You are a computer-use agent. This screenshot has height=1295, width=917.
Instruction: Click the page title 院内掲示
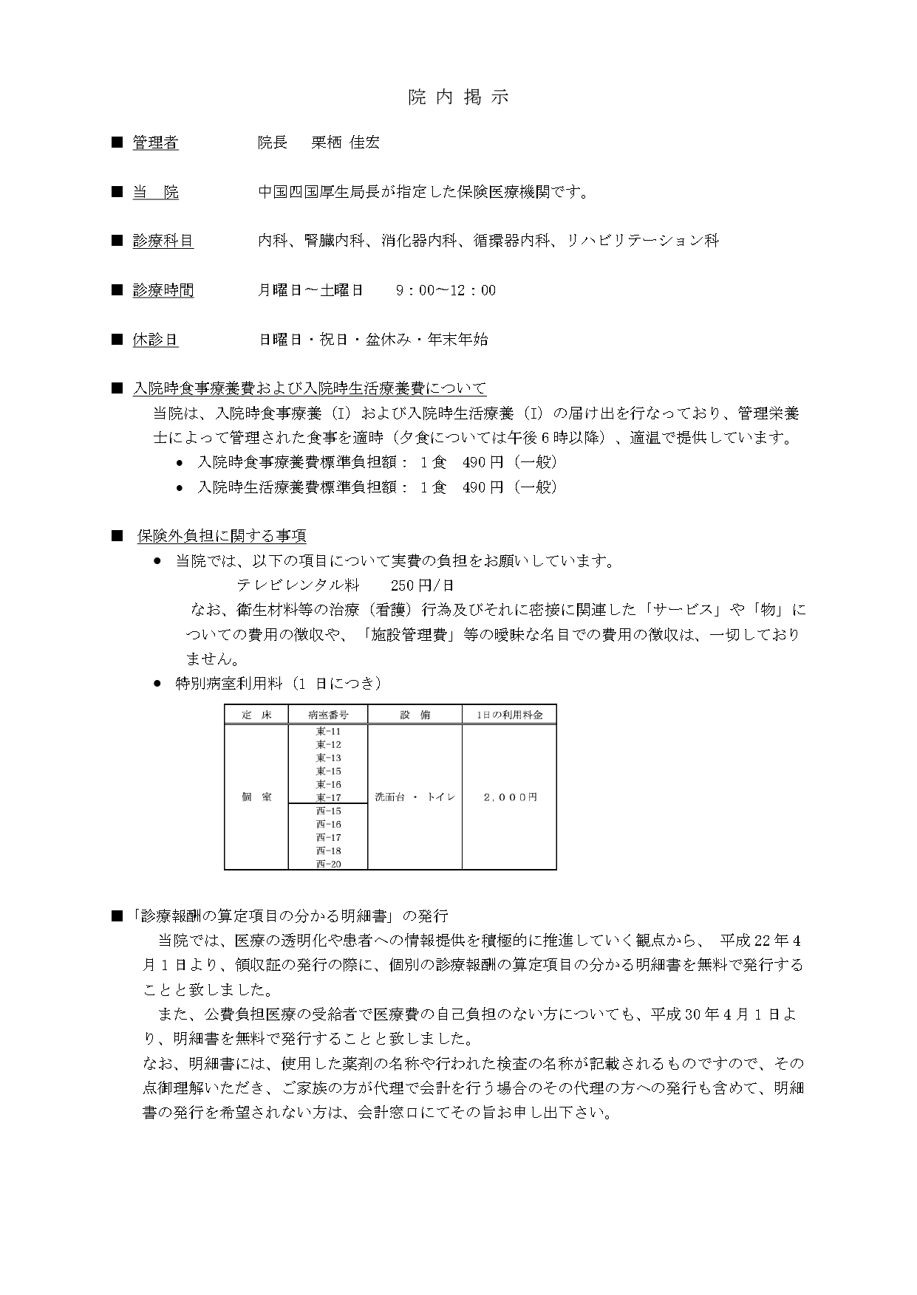pos(458,97)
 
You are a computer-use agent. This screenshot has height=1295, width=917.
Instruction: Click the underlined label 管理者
pos(155,143)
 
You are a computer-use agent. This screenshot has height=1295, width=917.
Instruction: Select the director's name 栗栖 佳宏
pos(345,143)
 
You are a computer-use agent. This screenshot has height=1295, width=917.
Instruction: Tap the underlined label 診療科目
pos(163,241)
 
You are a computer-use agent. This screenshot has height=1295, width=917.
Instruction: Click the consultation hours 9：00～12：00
pos(446,290)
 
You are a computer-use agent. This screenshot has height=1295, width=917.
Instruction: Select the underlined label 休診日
pos(155,340)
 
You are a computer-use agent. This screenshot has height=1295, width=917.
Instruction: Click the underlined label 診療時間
pos(163,290)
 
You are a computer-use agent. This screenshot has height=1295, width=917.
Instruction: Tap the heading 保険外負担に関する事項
pos(222,536)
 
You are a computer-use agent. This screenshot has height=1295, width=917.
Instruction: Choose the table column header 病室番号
pos(327,715)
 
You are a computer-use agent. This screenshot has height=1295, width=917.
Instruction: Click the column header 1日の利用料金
pos(508,715)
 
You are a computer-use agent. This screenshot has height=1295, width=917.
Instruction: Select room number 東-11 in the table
pos(327,732)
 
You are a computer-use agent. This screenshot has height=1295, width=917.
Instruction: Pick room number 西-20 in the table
pos(327,864)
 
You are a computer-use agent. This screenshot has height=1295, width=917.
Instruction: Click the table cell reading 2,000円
pos(508,797)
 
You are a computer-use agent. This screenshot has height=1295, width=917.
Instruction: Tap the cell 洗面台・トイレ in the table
pos(415,797)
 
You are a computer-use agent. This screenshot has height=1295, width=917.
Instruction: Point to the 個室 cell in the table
pos(256,797)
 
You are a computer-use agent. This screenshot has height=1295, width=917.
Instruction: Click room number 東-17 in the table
pos(327,797)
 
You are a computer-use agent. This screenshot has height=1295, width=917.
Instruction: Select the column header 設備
pos(415,715)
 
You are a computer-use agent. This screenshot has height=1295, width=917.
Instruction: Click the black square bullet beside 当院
pos(116,192)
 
